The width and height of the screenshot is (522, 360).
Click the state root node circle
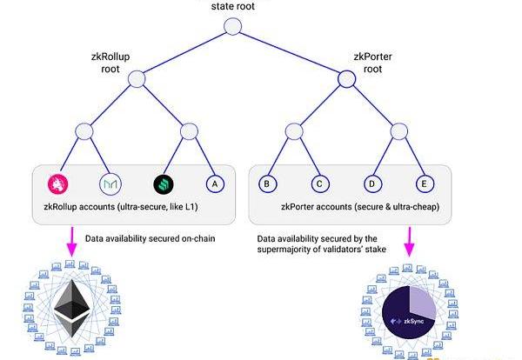click(232, 26)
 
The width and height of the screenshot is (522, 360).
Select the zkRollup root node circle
click(137, 78)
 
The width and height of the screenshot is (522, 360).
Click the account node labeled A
click(214, 184)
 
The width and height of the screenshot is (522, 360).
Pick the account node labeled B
click(268, 184)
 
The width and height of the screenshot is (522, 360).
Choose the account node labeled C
click(320, 184)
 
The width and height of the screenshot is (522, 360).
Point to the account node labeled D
click(372, 184)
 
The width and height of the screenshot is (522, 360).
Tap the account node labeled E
click(425, 184)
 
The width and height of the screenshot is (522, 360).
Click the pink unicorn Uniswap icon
click(58, 184)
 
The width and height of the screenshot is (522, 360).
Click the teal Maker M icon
click(111, 184)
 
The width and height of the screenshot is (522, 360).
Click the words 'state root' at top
click(233, 5)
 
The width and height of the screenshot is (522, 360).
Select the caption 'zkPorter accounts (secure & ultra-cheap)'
click(347, 208)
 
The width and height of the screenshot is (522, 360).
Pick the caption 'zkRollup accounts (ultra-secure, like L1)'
click(130, 208)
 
